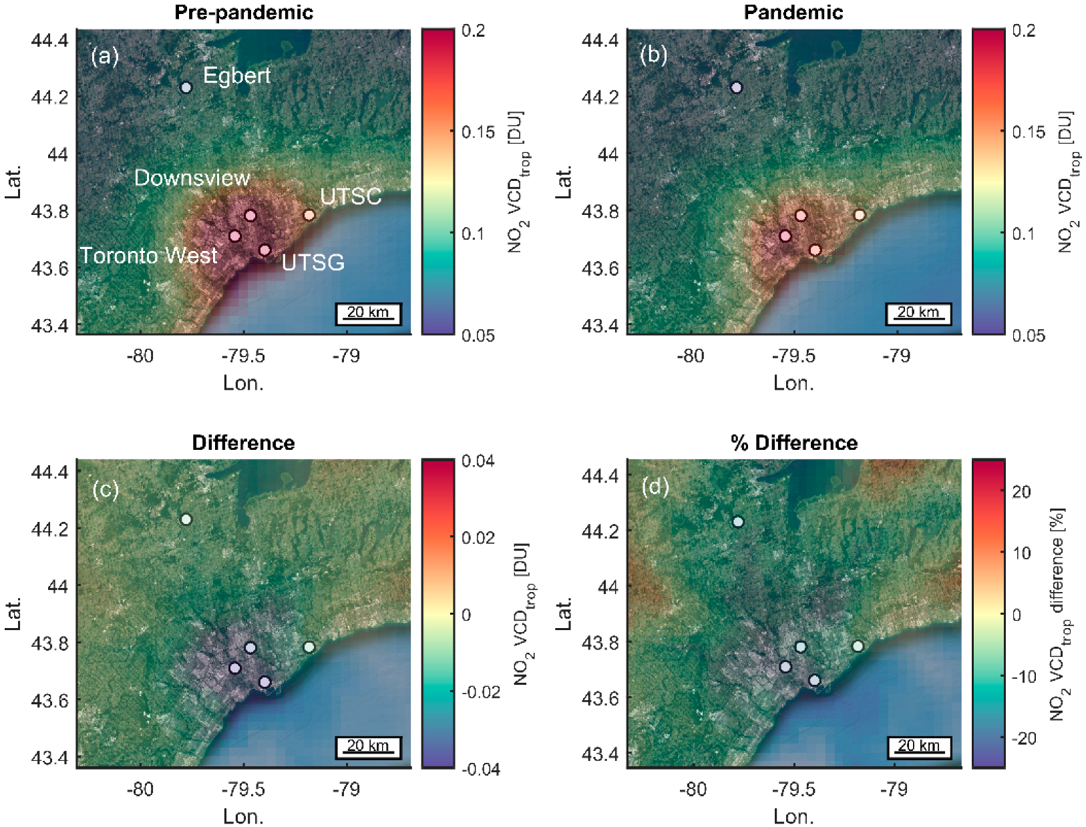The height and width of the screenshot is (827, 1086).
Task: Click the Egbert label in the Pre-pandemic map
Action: coord(236,75)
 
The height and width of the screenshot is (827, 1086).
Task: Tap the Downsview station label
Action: coord(192,178)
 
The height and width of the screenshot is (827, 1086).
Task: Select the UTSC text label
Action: coord(351,196)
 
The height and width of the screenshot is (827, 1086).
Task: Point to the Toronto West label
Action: coord(148,256)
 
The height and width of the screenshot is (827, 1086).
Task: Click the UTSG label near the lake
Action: coord(313,262)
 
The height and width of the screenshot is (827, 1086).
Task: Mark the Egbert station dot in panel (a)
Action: coord(186,87)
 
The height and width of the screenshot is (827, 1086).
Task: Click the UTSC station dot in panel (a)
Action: coord(309,215)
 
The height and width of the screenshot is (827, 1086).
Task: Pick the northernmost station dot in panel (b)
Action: coord(736,87)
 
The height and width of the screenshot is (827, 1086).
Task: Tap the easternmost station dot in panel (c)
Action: coord(309,647)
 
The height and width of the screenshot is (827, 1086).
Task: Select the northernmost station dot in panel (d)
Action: coord(738,522)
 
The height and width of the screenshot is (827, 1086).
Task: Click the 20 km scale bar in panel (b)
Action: coord(918,313)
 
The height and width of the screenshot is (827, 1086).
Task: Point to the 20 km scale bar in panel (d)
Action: coord(918,747)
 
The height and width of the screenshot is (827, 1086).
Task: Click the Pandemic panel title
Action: coord(793,12)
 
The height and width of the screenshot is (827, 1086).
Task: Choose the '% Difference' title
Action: coord(793,443)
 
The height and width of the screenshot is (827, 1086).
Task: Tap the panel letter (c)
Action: coord(106,489)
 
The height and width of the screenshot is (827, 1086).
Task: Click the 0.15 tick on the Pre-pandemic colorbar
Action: coord(478,131)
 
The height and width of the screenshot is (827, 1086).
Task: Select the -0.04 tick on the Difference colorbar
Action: coord(481,770)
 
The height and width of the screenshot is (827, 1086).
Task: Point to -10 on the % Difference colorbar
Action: coord(1022,677)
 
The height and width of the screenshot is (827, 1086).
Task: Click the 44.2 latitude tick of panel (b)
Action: coord(600,97)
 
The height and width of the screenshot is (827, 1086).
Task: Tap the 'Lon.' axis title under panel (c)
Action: coord(243,816)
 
